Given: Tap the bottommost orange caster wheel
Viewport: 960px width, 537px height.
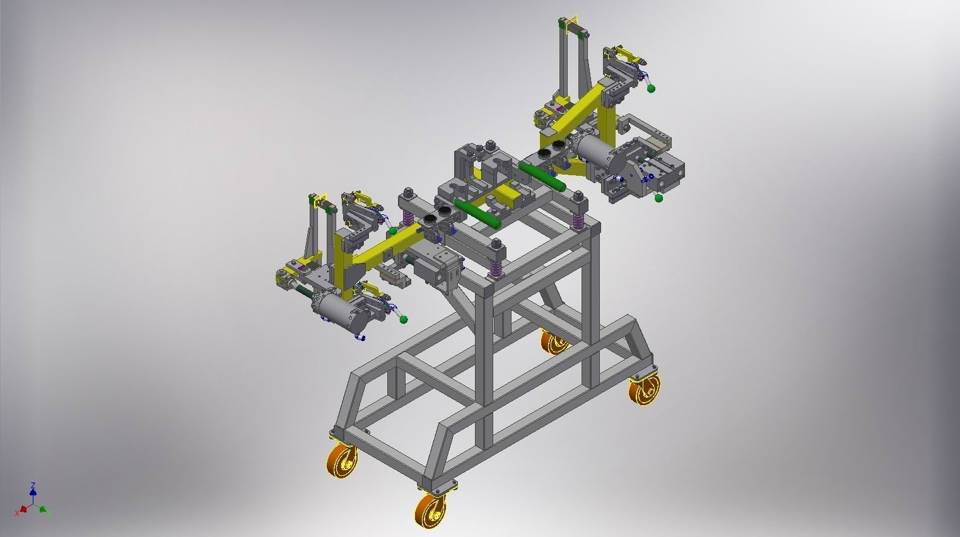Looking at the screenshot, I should (x=430, y=509).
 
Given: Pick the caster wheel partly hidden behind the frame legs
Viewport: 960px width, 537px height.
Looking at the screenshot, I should (x=555, y=343).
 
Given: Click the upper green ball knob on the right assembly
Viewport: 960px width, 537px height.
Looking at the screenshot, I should (x=652, y=88).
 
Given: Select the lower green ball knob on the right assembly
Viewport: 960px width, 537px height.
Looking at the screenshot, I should (x=659, y=199).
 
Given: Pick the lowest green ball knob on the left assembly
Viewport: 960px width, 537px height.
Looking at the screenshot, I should (x=403, y=320).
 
